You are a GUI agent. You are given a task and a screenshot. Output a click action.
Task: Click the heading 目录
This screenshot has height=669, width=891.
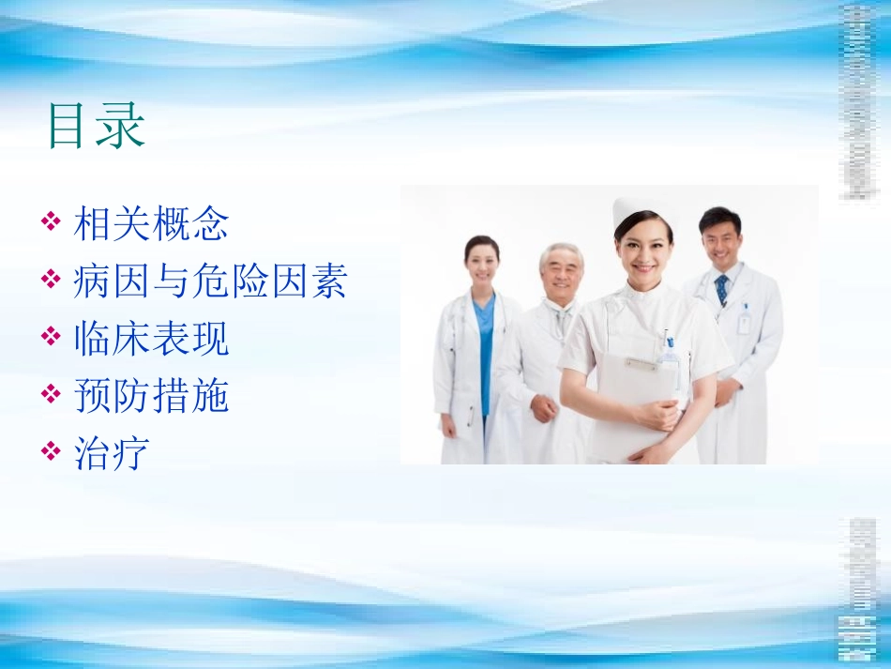(x=97, y=127)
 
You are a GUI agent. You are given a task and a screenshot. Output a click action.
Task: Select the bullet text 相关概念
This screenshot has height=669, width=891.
(x=151, y=225)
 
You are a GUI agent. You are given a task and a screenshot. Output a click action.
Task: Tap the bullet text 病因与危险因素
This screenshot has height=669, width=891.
(x=209, y=281)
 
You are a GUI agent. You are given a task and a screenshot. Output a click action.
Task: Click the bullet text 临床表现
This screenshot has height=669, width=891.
(x=151, y=339)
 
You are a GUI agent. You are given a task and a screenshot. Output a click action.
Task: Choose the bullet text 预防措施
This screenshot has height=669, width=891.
(x=151, y=396)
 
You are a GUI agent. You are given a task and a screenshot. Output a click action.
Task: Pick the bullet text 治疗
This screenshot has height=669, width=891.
(x=112, y=453)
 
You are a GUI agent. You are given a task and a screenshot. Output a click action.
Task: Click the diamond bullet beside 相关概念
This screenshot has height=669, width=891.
(x=53, y=223)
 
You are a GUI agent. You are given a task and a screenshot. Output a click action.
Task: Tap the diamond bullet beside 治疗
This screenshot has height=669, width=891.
(x=53, y=451)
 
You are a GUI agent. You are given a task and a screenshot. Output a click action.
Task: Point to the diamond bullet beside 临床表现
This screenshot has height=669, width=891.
(x=53, y=337)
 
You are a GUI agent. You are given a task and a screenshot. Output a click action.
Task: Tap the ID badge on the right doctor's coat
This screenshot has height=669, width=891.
(x=744, y=324)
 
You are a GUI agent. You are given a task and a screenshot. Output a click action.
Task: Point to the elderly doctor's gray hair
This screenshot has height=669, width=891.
(x=561, y=251)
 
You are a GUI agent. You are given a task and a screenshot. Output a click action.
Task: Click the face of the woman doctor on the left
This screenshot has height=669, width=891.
(x=482, y=264)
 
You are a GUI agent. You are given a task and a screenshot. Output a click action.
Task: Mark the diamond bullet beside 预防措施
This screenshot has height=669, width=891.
(x=53, y=394)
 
